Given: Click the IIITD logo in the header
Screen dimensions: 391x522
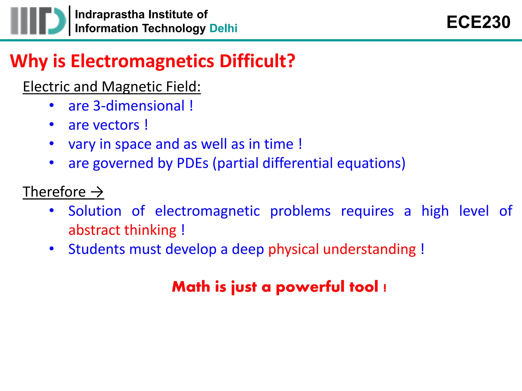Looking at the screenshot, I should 38,21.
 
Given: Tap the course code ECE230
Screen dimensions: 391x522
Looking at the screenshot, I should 478,22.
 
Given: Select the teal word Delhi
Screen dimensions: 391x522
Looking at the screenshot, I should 223,28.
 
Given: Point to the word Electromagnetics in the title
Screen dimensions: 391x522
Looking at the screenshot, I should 142,61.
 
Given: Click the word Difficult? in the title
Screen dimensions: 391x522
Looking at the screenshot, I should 257,61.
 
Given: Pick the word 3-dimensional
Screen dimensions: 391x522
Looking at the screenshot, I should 139,106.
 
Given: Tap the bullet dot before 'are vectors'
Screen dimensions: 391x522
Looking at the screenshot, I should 52,124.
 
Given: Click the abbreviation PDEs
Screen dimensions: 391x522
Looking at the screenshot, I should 192,163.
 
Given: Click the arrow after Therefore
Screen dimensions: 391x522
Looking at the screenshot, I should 97,192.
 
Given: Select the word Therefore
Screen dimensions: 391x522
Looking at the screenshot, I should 54,192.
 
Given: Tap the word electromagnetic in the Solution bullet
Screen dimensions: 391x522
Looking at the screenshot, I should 207,211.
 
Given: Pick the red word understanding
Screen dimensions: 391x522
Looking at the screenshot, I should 369,249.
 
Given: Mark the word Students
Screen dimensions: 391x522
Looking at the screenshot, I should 97,249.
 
